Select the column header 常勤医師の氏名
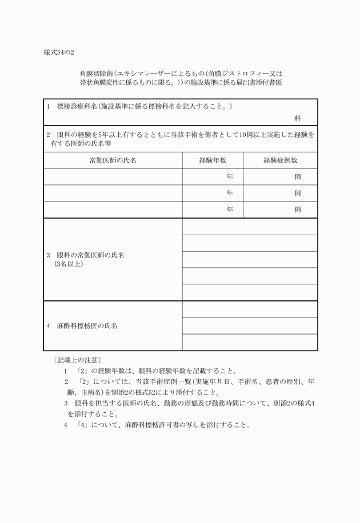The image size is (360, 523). [113, 160]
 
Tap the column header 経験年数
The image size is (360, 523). [213, 160]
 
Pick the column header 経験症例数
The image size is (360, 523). [280, 160]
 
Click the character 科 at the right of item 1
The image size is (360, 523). [298, 118]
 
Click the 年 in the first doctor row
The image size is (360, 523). [230, 177]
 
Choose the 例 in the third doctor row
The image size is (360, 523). [298, 210]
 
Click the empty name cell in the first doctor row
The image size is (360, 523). [113, 177]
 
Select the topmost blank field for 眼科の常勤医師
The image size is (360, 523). [250, 227]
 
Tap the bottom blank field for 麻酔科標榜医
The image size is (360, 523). [250, 342]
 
